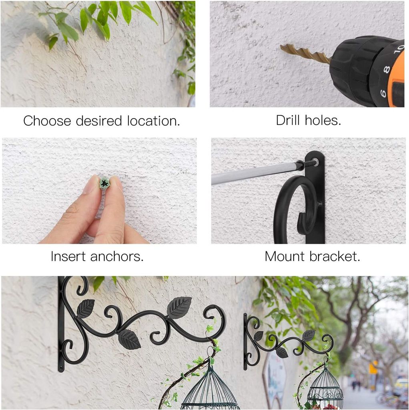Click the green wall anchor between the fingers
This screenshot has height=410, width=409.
pyautogui.click(x=104, y=183)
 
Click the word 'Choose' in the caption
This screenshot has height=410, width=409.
pyautogui.click(x=47, y=121)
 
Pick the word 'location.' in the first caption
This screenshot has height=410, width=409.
pyautogui.click(x=154, y=121)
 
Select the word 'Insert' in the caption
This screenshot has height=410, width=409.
pyautogui.click(x=68, y=257)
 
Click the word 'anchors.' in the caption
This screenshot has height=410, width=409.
pyautogui.click(x=117, y=257)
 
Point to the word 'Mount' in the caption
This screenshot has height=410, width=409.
pyautogui.click(x=285, y=256)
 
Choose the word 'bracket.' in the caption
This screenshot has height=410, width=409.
pyautogui.click(x=335, y=256)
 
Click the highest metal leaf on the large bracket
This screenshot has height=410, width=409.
pyautogui.click(x=179, y=307)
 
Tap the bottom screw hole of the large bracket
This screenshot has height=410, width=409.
pyautogui.click(x=61, y=369)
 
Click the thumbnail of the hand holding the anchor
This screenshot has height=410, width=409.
pyautogui.click(x=99, y=191)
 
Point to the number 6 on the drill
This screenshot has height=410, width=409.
pyautogui.click(x=383, y=93)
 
